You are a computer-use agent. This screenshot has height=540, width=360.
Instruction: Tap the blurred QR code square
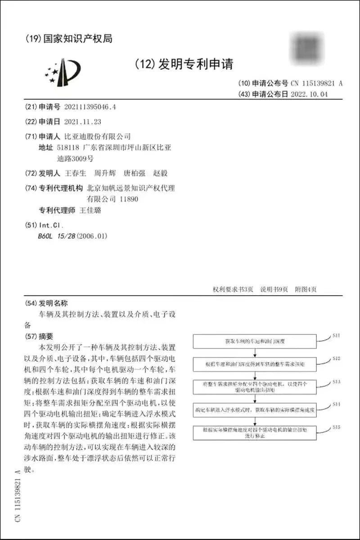pos(308,47)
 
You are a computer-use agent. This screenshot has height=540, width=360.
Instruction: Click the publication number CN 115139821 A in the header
pos(317,83)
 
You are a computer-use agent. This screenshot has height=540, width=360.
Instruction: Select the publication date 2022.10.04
pos(310,94)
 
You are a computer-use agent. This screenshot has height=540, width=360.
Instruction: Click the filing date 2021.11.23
pos(83,121)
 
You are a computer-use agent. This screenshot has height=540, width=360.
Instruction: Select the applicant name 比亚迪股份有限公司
pos(98,136)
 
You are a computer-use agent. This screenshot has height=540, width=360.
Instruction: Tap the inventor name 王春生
pos(76,173)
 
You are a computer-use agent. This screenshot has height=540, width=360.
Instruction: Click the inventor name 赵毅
pos(160,173)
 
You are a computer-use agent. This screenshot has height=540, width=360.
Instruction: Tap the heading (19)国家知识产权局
pos(69,39)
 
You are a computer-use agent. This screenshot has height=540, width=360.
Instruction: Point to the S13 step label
pos(336,382)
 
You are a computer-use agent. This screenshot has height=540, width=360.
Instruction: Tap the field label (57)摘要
pos(40,336)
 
